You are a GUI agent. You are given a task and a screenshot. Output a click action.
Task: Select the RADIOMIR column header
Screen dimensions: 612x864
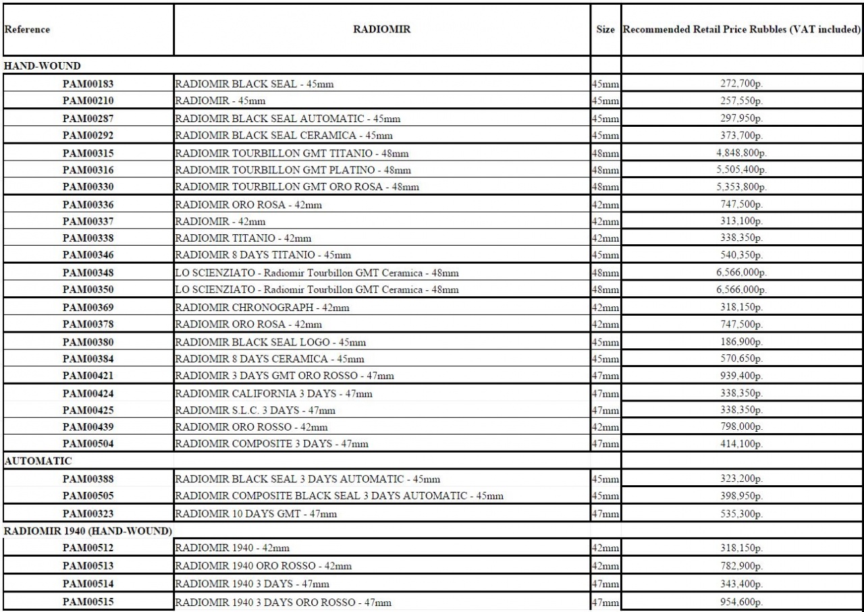[x=381, y=30]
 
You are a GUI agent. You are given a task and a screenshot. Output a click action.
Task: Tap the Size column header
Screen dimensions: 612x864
[x=605, y=30]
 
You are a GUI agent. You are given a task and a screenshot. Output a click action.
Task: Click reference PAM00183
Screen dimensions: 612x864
[x=87, y=84]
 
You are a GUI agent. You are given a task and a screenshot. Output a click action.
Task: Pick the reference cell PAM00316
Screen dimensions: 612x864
[x=87, y=170]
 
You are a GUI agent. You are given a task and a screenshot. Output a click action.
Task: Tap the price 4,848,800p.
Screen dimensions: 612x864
[x=740, y=153]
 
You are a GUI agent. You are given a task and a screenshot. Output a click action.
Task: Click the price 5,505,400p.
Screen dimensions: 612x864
[x=740, y=170]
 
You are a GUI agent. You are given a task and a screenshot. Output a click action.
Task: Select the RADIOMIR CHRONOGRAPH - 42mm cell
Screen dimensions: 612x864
[x=262, y=307]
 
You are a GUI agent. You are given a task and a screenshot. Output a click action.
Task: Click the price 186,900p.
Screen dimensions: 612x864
[x=740, y=341]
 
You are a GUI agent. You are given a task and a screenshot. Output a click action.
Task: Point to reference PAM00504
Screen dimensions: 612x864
[x=87, y=443]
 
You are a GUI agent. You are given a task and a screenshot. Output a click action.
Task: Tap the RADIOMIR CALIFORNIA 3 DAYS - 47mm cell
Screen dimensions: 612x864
[x=273, y=393]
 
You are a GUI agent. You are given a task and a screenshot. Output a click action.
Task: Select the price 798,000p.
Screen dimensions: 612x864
[x=740, y=426]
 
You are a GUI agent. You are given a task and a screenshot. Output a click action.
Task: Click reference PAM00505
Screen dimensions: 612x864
[x=87, y=497]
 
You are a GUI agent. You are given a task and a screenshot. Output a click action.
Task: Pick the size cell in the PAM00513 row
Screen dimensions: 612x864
[x=605, y=565]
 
